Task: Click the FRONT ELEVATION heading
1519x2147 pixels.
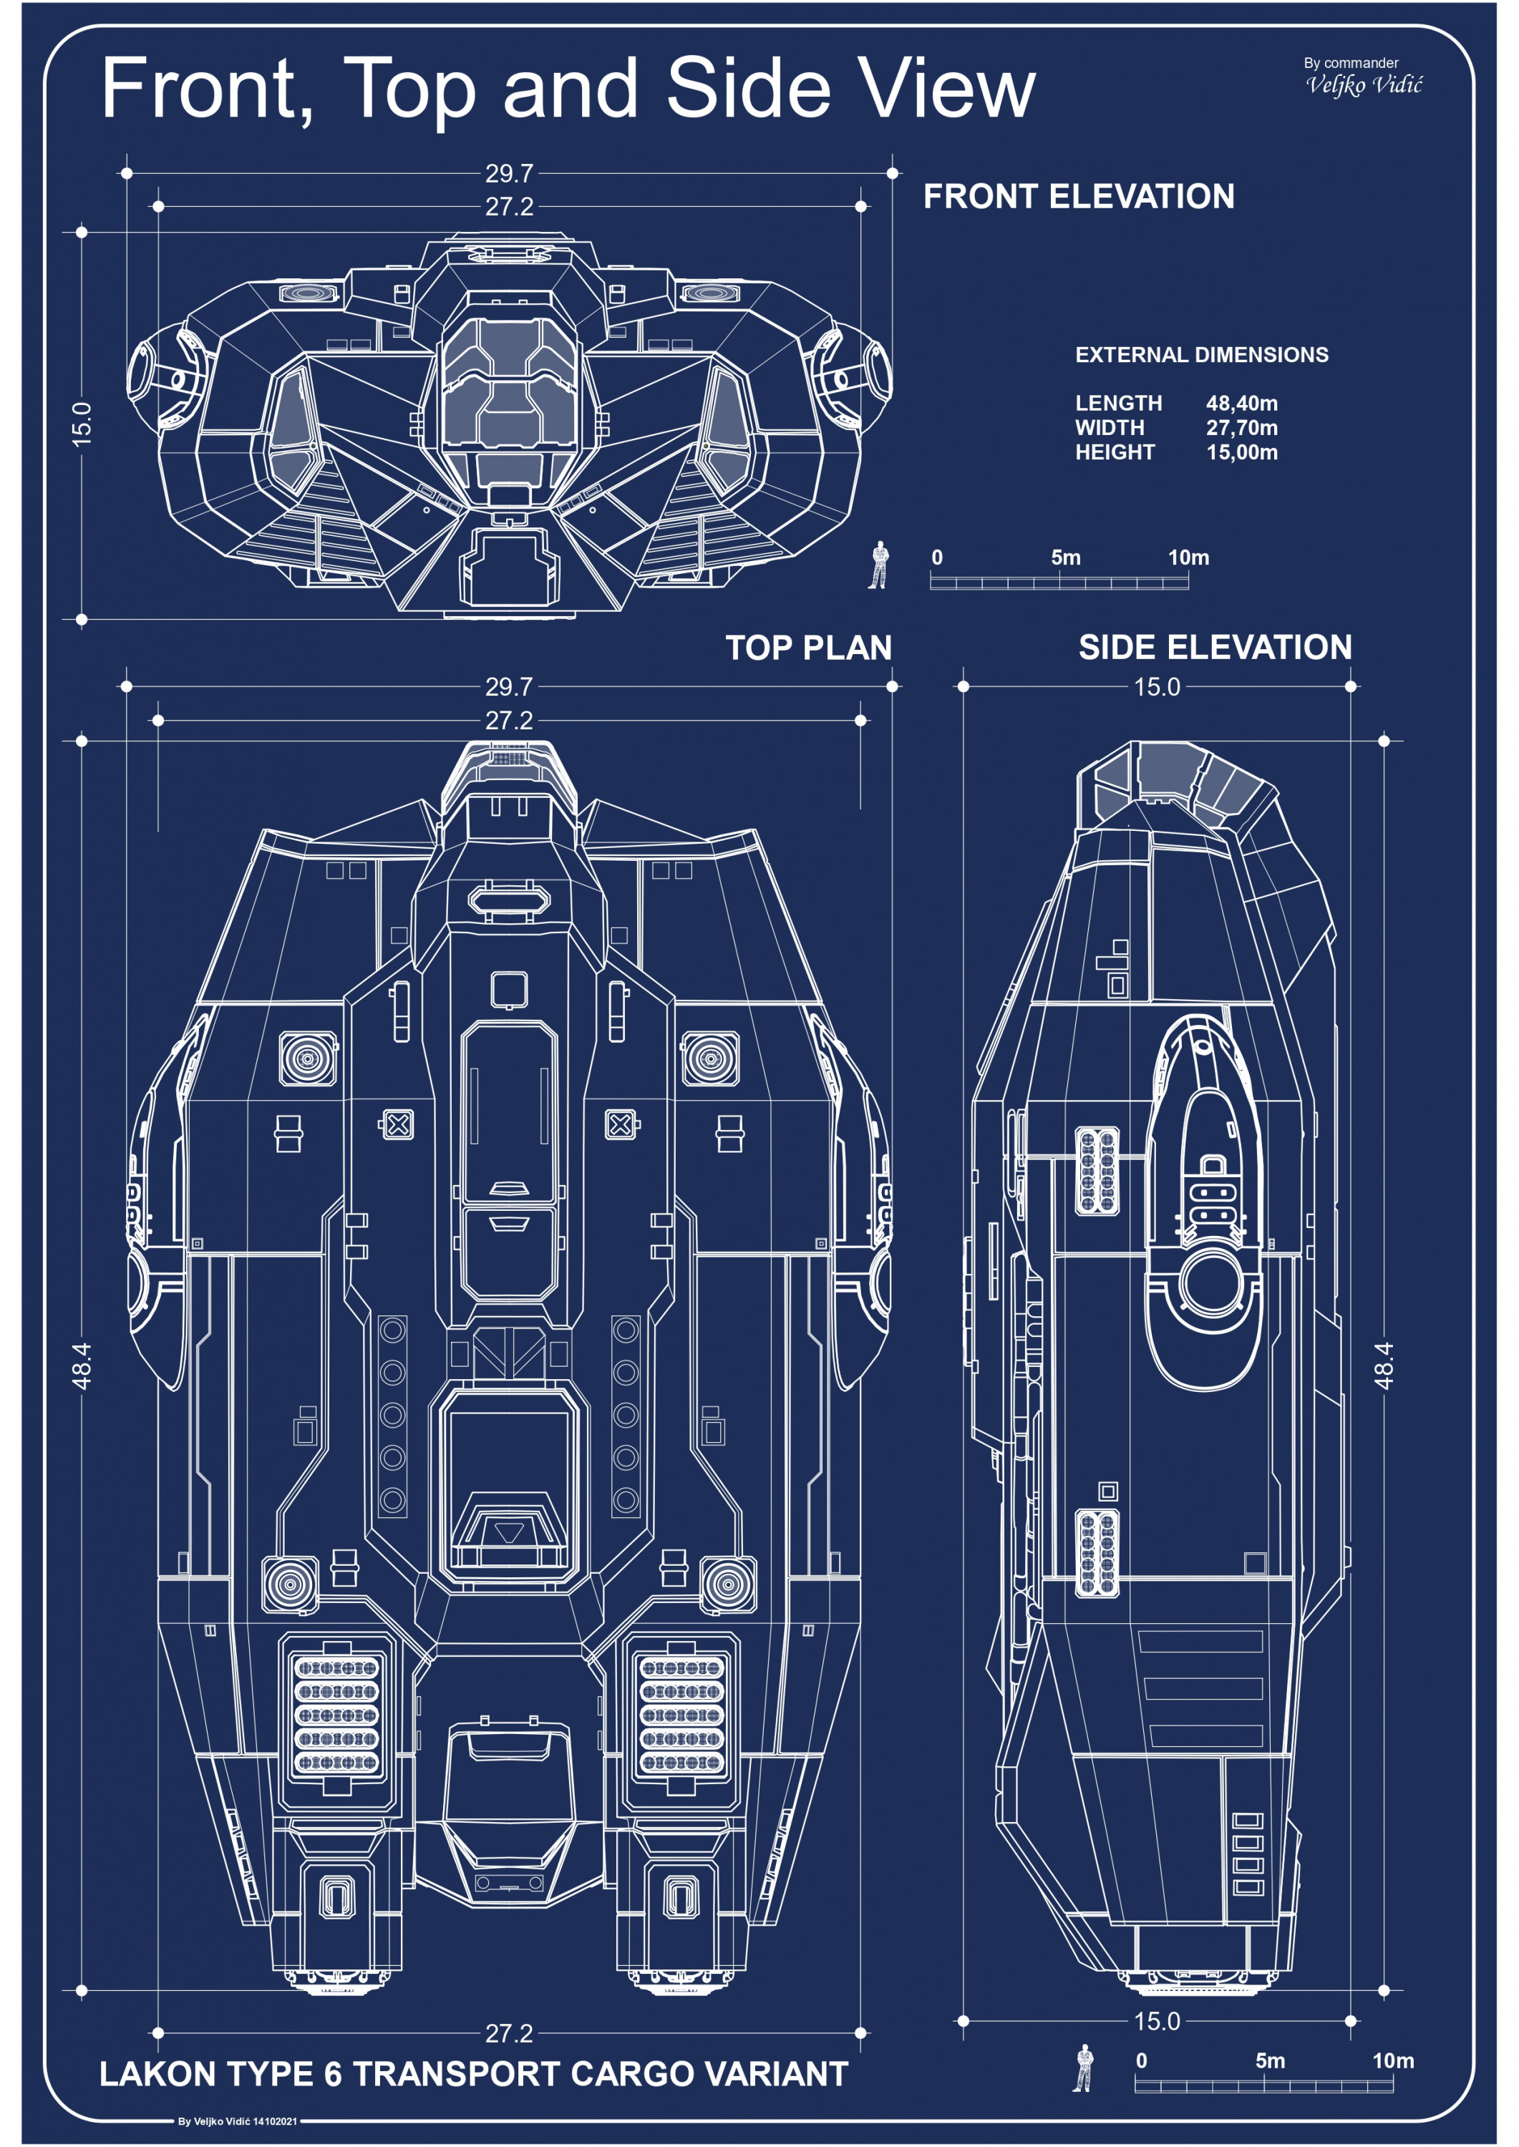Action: tap(1079, 196)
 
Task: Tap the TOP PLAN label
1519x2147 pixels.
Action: tap(808, 647)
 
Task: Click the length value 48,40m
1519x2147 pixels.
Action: tap(1241, 403)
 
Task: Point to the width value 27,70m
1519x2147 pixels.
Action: tap(1241, 427)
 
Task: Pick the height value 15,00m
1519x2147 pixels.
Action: tap(1241, 452)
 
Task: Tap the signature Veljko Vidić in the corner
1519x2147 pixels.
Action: tap(1364, 85)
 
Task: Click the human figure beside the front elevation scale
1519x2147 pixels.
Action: tap(878, 564)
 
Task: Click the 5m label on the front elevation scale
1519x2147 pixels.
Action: tap(1065, 558)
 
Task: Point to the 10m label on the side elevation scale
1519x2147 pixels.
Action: tap(1393, 2060)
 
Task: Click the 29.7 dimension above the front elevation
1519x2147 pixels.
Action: tap(509, 173)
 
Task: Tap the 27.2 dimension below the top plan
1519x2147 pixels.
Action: tap(509, 2033)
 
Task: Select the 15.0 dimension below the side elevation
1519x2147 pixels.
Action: tap(1157, 2021)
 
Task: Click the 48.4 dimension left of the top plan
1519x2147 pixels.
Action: tap(82, 1365)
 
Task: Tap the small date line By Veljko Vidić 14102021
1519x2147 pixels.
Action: tap(238, 2121)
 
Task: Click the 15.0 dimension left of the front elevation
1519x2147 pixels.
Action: tap(82, 424)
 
